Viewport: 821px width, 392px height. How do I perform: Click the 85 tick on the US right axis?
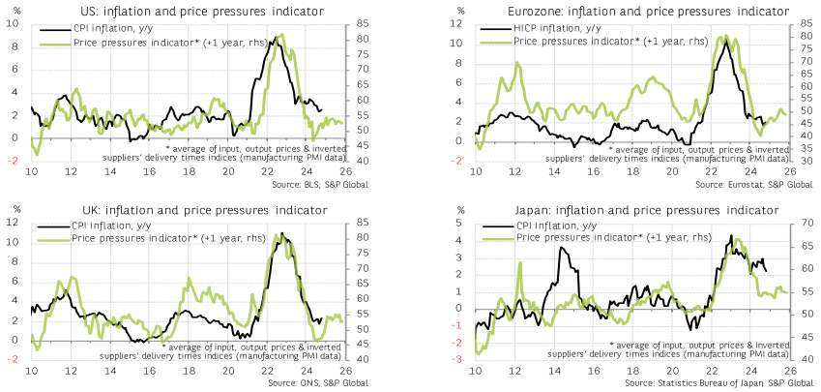pyautogui.click(x=364, y=24)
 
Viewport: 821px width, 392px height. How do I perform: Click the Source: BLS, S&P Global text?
pyautogui.click(x=319, y=184)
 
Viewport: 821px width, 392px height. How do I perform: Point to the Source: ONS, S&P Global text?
pyautogui.click(x=318, y=383)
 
